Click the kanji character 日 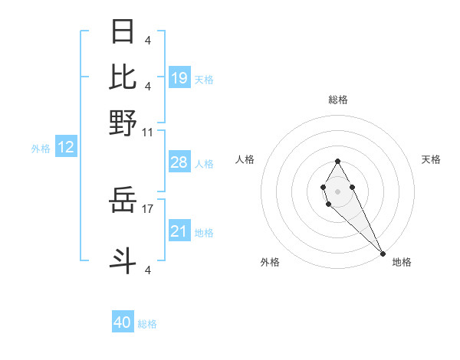[x=123, y=32]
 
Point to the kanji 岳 [x=123, y=201]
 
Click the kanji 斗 [x=123, y=260]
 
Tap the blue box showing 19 [x=179, y=78]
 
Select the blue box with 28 [x=179, y=163]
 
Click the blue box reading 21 [x=179, y=231]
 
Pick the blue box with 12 [x=66, y=148]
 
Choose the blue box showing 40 [x=123, y=322]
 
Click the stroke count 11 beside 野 [x=147, y=132]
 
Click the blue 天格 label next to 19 [x=204, y=80]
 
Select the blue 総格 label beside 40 [x=147, y=324]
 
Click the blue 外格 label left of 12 [x=41, y=149]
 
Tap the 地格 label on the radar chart [x=402, y=262]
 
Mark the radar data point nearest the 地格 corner [x=383, y=254]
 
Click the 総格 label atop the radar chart [x=337, y=100]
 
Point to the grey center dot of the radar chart [x=337, y=190]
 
